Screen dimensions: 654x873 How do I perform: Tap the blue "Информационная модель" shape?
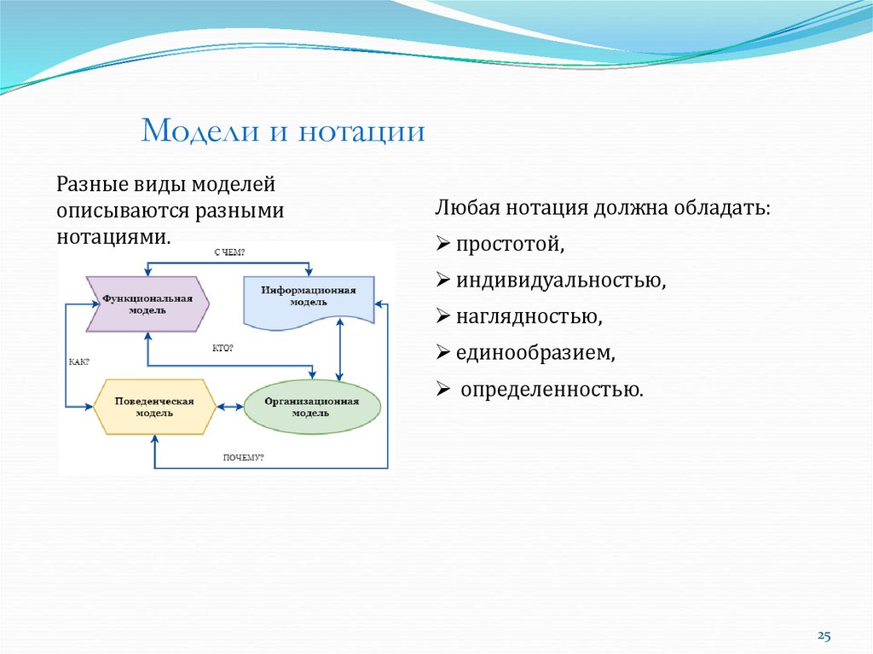point(309,298)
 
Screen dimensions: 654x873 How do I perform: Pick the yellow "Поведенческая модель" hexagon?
point(154,407)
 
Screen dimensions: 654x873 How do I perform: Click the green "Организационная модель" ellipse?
point(311,407)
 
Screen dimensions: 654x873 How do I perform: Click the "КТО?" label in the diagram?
point(223,348)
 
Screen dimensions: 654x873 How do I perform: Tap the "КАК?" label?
point(78,362)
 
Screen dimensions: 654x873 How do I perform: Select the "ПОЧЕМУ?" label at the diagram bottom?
point(244,458)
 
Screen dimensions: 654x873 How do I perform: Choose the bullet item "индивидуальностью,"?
point(560,281)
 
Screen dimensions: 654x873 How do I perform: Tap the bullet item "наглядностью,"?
point(529,317)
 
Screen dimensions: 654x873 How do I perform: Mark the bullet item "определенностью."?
point(551,391)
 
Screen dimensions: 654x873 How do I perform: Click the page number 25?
point(824,635)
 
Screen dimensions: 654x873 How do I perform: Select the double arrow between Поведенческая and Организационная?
point(230,407)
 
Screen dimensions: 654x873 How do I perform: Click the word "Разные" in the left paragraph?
point(92,183)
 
